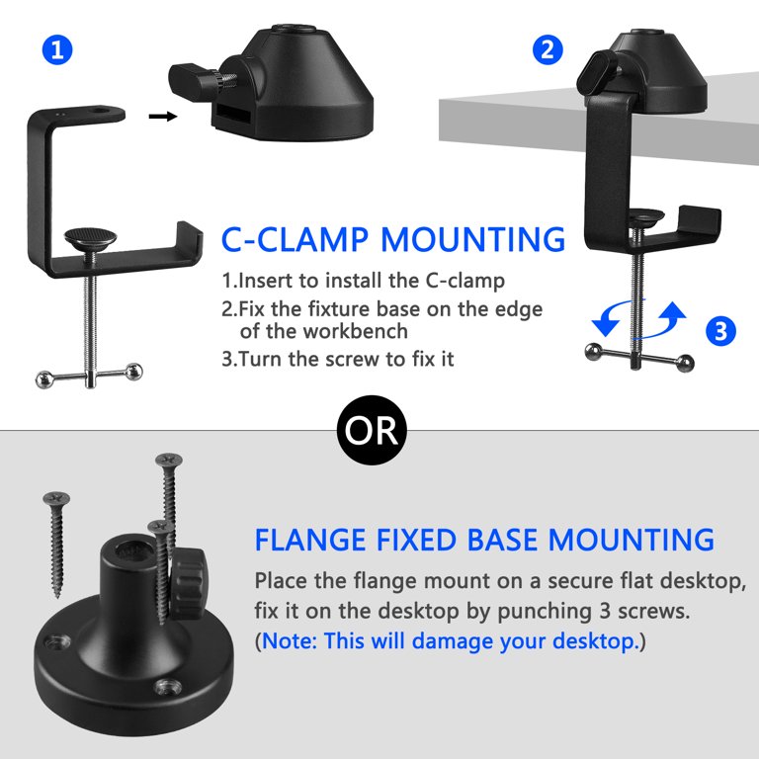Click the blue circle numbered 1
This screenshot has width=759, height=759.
(57, 49)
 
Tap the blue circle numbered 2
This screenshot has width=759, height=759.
(548, 49)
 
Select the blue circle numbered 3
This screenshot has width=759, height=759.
(720, 331)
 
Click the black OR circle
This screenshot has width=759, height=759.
(372, 430)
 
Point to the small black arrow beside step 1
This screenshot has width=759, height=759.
(163, 117)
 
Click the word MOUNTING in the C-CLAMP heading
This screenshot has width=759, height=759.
(473, 239)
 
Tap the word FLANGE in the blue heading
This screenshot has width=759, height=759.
(309, 540)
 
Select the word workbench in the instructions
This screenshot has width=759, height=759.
(355, 331)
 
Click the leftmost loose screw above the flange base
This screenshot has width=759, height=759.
(56, 545)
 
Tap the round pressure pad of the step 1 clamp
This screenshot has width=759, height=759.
(90, 237)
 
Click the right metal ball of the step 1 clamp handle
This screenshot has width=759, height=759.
(133, 372)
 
